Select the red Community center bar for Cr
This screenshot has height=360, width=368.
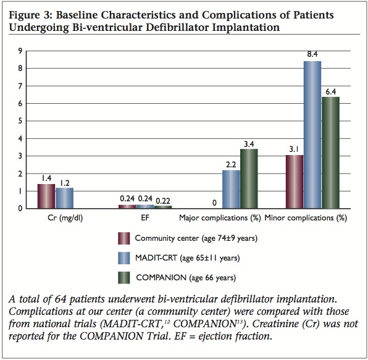(x=46, y=196)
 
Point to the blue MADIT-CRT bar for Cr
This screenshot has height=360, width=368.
(x=64, y=198)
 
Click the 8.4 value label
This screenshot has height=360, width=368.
(x=312, y=55)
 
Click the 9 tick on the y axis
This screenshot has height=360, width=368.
(x=20, y=51)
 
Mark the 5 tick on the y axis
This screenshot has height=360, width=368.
(x=20, y=121)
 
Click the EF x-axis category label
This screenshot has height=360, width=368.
(x=145, y=218)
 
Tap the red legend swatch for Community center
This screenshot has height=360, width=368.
(x=124, y=239)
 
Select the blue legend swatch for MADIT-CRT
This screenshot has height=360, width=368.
(x=124, y=258)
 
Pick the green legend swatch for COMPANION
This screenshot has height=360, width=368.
(x=124, y=277)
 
